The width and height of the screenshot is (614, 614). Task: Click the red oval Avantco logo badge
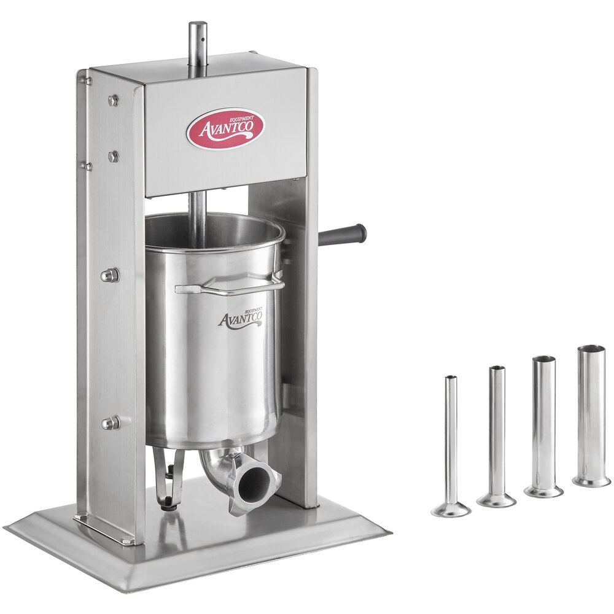pyautogui.click(x=225, y=128)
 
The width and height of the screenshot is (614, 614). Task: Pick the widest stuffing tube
pyautogui.click(x=591, y=416)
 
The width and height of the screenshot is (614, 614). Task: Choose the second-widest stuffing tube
pyautogui.click(x=543, y=426)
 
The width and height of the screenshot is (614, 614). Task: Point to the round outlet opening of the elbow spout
pyautogui.click(x=255, y=486)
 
